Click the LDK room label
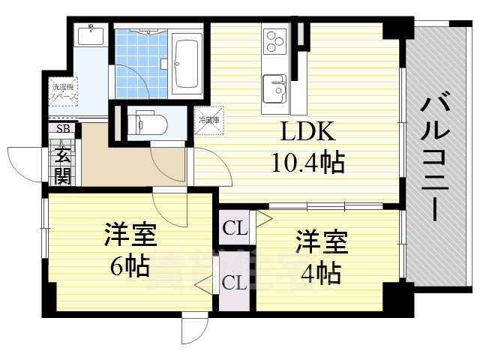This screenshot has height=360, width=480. tap(307, 133)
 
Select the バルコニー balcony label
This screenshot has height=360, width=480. tap(435, 157)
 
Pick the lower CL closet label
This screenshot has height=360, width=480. tap(235, 283)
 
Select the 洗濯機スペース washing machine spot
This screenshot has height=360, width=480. tap(62, 93)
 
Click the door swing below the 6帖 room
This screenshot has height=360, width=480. tap(193, 327)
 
